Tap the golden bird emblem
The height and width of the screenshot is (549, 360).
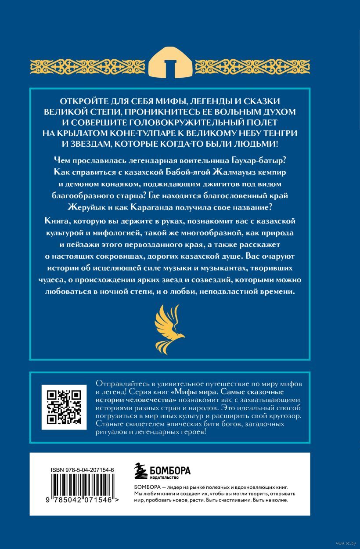[170, 326]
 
